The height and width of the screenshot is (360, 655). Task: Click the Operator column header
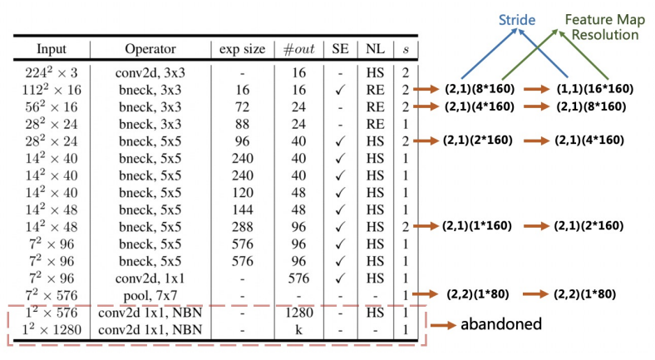[150, 49]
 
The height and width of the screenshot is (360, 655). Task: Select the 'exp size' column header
[242, 49]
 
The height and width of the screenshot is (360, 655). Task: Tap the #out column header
[298, 49]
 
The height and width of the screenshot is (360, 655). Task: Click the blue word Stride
[517, 20]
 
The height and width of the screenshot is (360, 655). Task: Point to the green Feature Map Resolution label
[605, 27]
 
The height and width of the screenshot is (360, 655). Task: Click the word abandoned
[501, 324]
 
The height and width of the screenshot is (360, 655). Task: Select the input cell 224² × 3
[52, 72]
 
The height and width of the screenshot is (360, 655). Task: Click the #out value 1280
[298, 313]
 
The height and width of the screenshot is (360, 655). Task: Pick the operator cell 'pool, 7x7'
[150, 296]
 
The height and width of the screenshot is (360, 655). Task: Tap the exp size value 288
[242, 227]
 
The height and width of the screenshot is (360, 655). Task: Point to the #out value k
[298, 330]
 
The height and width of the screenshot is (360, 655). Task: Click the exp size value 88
[242, 124]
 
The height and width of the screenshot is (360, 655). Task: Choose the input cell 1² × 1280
[52, 330]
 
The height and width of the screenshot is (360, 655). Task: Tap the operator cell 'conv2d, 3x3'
[150, 72]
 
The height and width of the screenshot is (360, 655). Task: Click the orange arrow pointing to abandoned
[444, 325]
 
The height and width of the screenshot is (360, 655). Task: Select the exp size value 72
[242, 107]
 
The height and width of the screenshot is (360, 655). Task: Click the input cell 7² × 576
[52, 296]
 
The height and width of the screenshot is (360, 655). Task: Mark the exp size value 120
[242, 193]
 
